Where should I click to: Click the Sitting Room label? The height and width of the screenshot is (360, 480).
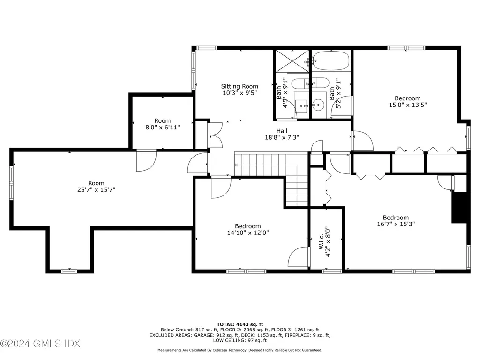[240, 86]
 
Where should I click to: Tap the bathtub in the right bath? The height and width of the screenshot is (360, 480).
[330, 60]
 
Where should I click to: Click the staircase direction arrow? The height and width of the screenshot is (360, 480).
[238, 165]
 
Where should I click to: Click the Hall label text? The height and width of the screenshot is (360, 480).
[282, 131]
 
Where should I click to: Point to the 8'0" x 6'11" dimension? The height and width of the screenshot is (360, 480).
[163, 127]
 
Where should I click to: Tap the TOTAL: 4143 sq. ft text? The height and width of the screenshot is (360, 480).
[240, 324]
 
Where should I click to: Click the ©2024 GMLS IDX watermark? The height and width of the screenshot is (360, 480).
[40, 344]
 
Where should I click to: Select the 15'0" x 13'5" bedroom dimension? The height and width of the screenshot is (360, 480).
[407, 105]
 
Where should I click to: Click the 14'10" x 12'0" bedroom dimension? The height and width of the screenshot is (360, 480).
[248, 233]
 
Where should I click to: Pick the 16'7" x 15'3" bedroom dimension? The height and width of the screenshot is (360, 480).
[396, 224]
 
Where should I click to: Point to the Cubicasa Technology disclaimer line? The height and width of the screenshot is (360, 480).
[240, 350]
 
